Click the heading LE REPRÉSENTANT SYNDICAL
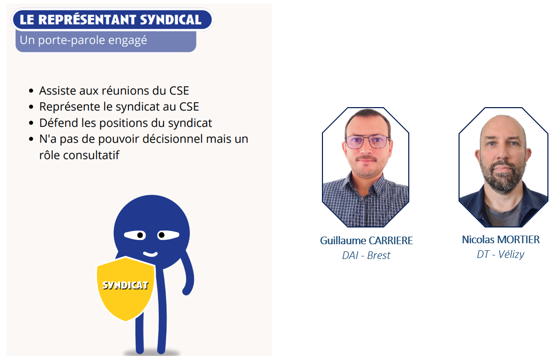click(110, 20)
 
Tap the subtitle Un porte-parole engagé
click(83, 40)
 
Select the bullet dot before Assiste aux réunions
click(31, 91)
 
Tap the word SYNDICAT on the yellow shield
click(125, 285)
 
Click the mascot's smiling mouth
click(150, 254)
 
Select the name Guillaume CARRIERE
click(367, 241)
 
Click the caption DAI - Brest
click(366, 255)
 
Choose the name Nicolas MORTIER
click(501, 240)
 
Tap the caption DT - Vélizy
click(501, 254)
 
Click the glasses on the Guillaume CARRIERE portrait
click(368, 142)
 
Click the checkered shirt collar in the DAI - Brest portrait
click(366, 187)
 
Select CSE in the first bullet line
click(179, 90)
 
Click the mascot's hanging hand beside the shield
click(187, 290)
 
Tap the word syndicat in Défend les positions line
click(190, 123)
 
